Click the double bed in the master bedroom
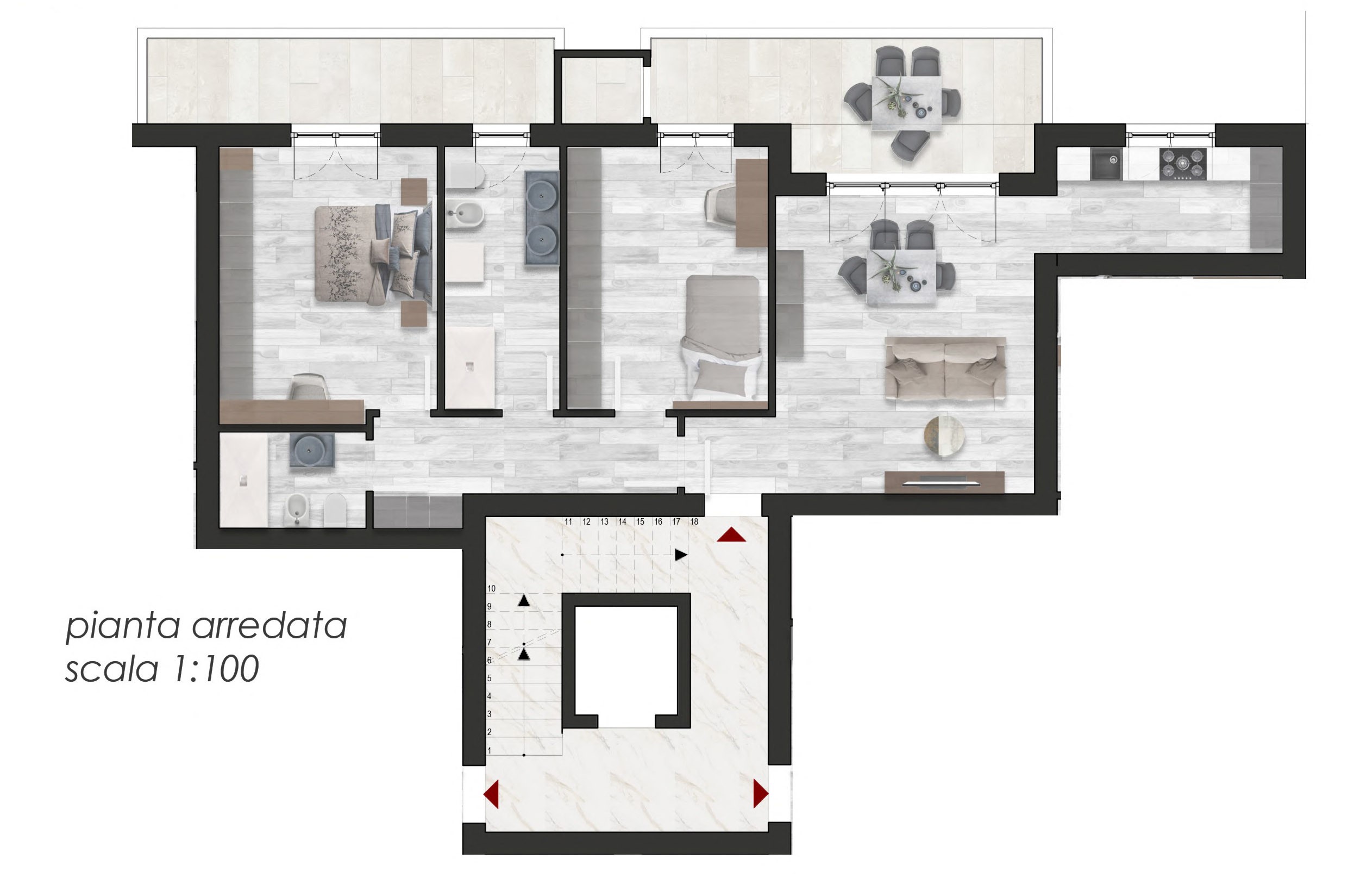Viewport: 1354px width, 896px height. click(x=373, y=254)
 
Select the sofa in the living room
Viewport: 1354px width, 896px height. click(x=945, y=369)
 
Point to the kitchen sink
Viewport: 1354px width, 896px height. click(x=1107, y=164)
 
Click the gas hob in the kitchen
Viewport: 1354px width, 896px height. click(x=1183, y=164)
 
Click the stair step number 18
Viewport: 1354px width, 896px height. click(x=694, y=522)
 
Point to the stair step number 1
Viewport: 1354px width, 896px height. click(x=489, y=750)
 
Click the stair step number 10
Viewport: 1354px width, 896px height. click(x=491, y=589)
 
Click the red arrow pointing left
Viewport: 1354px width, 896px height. click(x=491, y=794)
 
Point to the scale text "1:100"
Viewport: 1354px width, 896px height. click(x=216, y=669)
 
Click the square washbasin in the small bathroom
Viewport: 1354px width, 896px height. click(x=311, y=450)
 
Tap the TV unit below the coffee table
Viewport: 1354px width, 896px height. click(x=944, y=482)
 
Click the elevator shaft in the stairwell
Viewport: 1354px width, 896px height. click(x=626, y=660)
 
